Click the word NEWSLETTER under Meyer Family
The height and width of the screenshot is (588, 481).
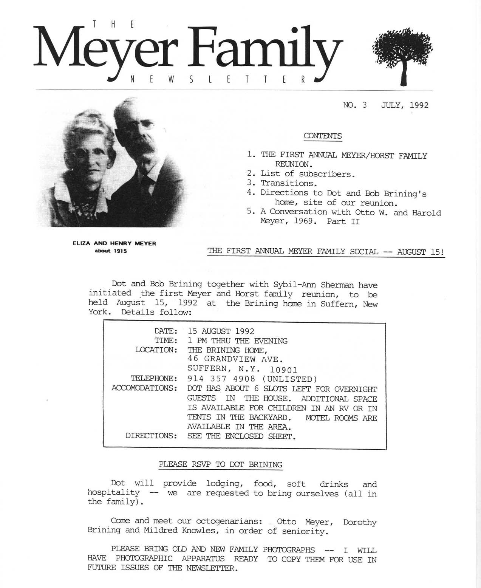[x=217, y=80]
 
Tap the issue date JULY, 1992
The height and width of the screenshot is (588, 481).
[x=405, y=105]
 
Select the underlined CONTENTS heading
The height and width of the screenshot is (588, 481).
[x=323, y=136]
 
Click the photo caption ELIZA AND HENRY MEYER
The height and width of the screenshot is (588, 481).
[x=114, y=244]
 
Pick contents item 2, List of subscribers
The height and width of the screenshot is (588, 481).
[x=308, y=174]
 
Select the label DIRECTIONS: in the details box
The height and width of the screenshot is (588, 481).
[x=151, y=436]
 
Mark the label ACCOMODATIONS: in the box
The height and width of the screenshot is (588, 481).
[x=144, y=388]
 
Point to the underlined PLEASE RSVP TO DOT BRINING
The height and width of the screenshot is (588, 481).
[x=220, y=464]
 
